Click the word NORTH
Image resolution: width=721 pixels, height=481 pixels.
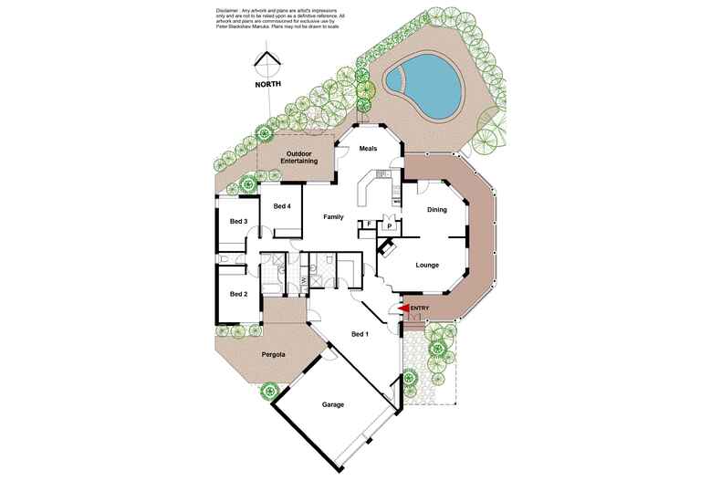click(268, 84)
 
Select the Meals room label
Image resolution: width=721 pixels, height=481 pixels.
click(368, 149)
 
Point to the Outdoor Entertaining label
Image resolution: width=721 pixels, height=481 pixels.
click(299, 157)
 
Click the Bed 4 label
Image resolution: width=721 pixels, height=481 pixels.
click(282, 206)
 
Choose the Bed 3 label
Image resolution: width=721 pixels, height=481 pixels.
click(238, 222)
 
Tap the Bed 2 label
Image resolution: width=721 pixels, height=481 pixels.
click(238, 294)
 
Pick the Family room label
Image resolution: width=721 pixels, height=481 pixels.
click(334, 217)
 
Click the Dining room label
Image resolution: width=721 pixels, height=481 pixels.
click(437, 211)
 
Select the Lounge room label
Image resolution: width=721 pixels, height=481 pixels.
click(427, 266)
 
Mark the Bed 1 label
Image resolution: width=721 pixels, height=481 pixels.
click(361, 334)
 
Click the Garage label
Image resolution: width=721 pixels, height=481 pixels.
click(332, 403)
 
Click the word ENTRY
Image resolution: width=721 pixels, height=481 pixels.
click(420, 308)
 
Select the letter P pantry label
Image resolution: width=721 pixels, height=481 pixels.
click(389, 225)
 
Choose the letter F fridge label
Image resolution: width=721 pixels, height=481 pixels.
click(368, 225)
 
